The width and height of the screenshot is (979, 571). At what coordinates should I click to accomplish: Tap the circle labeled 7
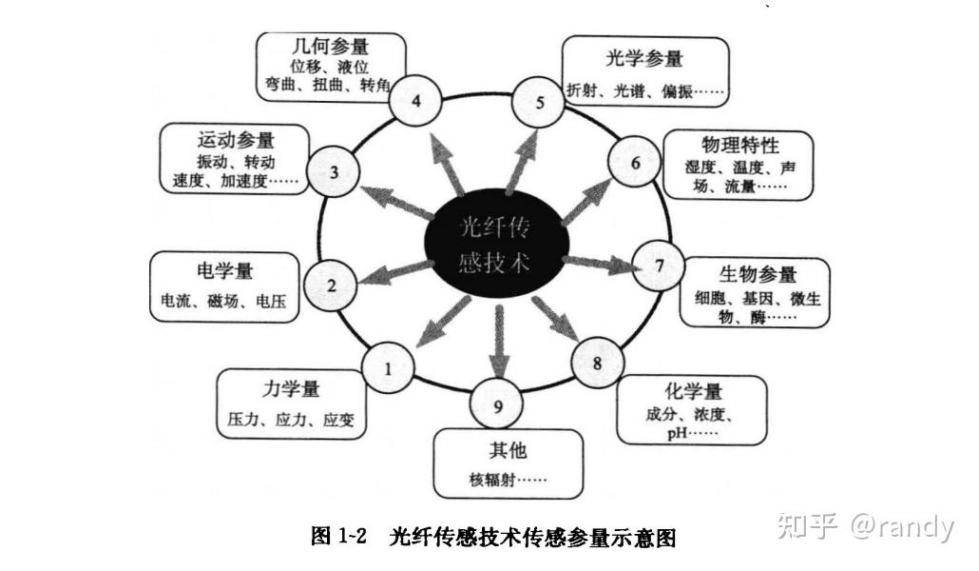tap(658, 266)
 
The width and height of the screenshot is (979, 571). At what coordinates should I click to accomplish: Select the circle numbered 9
tap(497, 407)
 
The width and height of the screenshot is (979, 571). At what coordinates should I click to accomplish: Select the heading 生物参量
tap(758, 274)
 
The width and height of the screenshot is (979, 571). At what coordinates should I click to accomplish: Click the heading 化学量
tap(694, 392)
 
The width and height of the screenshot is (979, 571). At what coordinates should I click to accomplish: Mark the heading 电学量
tap(224, 270)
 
